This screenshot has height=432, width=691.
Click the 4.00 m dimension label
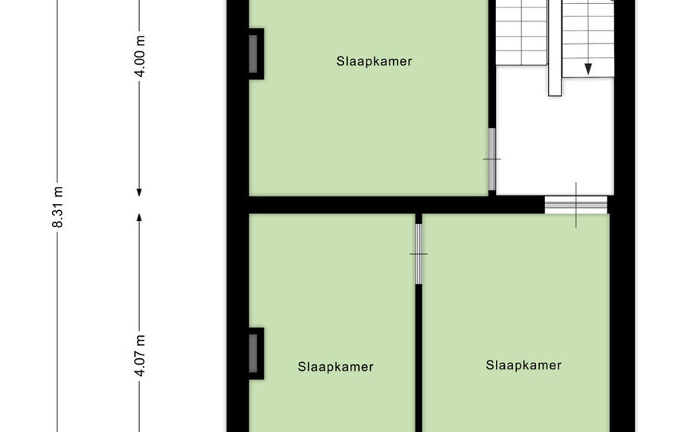click(x=140, y=56)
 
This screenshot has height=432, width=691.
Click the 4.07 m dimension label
click(x=140, y=356)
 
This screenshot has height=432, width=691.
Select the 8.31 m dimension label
click(x=58, y=207)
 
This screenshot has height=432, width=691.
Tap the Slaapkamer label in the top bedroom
click(x=374, y=61)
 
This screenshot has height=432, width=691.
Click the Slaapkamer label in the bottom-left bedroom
click(x=335, y=366)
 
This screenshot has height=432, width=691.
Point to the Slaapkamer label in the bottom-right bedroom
click(x=523, y=365)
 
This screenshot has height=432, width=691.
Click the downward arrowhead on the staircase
click(x=588, y=69)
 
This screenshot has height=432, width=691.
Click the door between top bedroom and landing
click(x=491, y=159)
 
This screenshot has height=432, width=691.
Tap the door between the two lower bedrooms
click(x=418, y=254)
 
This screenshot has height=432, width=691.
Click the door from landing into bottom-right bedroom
click(x=576, y=205)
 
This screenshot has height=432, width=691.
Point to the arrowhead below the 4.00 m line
click(x=139, y=192)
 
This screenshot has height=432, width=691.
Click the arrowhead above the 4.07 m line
click(x=139, y=217)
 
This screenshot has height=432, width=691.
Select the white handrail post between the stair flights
click(x=555, y=48)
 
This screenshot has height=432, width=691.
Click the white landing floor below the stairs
click(x=555, y=141)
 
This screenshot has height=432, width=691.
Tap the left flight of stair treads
click(x=522, y=33)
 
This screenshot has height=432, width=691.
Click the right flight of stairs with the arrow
click(x=588, y=38)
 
